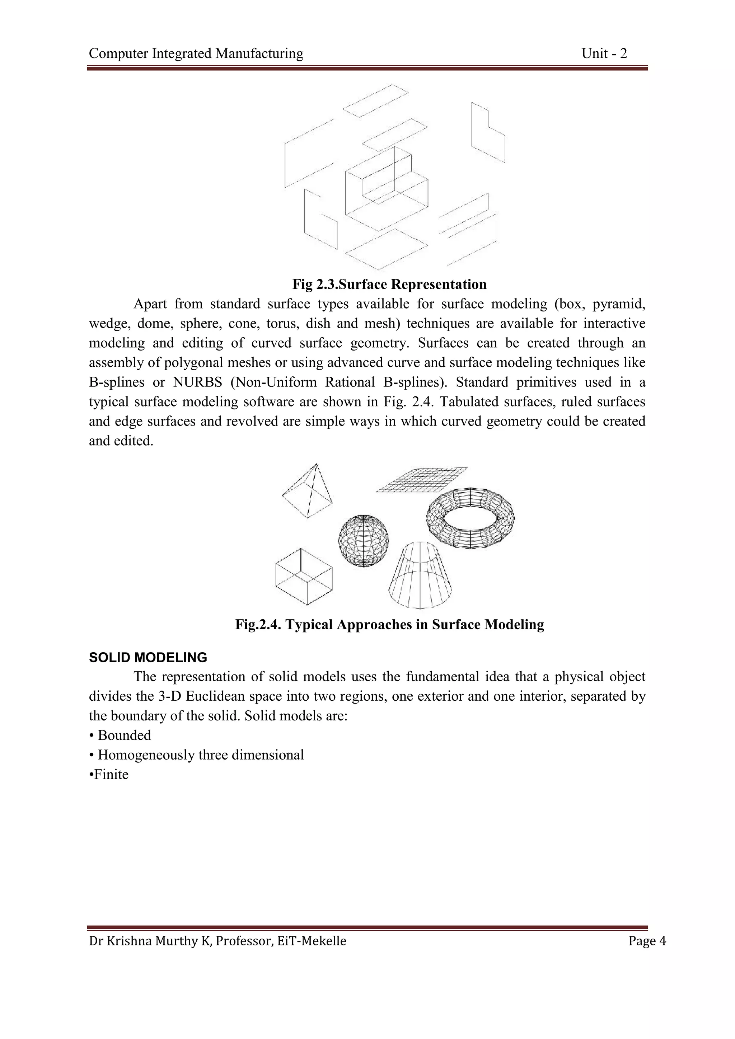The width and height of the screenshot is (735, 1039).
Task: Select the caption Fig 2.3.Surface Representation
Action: (x=389, y=284)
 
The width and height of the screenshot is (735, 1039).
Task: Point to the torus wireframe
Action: (x=470, y=518)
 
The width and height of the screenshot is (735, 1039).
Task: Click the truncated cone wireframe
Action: (x=420, y=577)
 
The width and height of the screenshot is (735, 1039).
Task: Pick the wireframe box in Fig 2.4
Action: (x=303, y=577)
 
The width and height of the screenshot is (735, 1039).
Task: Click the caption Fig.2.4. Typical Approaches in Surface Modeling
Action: (x=389, y=625)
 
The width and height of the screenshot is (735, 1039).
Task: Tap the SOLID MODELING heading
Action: (x=148, y=658)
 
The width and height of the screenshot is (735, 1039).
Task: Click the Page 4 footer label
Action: (x=647, y=941)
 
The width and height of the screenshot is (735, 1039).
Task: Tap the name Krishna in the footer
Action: (x=128, y=941)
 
